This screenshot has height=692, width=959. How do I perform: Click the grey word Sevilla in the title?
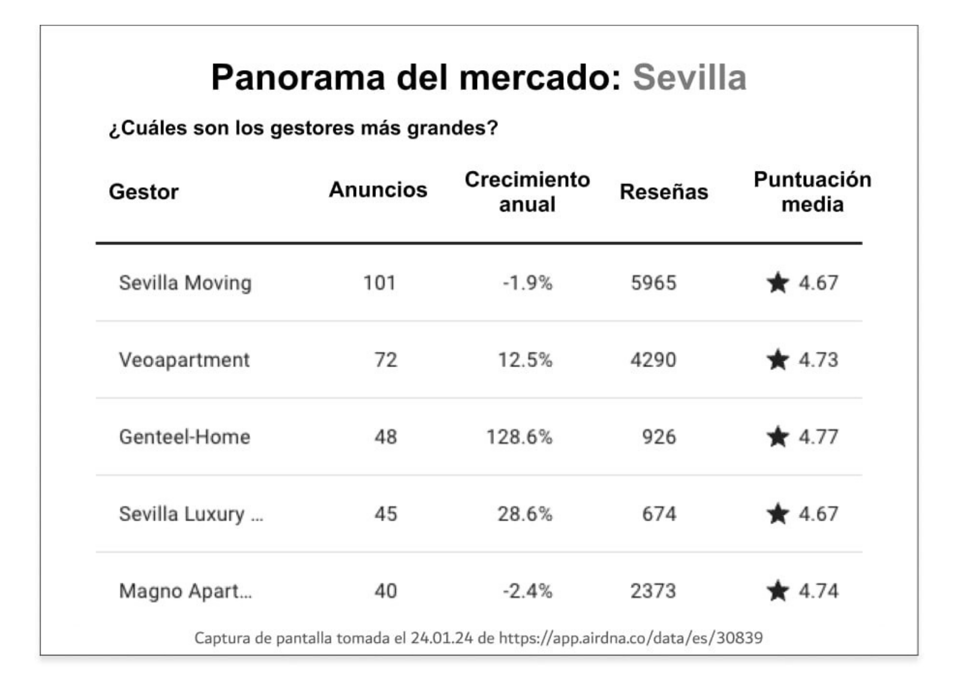tap(689, 77)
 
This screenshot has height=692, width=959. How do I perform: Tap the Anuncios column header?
tap(378, 189)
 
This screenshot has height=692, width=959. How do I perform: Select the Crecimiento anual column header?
tap(527, 191)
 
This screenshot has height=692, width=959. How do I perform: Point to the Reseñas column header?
tap(664, 191)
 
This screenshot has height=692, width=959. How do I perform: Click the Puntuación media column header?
tap(812, 191)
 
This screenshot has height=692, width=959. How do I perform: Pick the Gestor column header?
tap(143, 192)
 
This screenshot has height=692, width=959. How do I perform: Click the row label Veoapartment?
tap(184, 360)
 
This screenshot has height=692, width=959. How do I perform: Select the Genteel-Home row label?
tap(185, 437)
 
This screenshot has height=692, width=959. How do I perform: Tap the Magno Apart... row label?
tap(185, 591)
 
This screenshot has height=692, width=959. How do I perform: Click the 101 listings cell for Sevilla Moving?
tap(379, 282)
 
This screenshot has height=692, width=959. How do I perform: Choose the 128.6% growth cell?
tap(519, 437)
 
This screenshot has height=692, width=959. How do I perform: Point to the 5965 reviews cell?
tap(653, 282)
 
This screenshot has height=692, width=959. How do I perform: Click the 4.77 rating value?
tap(818, 437)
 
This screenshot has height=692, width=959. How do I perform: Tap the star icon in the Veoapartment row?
tap(777, 360)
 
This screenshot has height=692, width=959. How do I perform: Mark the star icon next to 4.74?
tap(777, 591)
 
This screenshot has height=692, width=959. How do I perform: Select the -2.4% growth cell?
tap(527, 591)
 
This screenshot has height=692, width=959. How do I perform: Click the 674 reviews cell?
tap(659, 514)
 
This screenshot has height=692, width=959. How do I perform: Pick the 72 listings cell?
tap(385, 360)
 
